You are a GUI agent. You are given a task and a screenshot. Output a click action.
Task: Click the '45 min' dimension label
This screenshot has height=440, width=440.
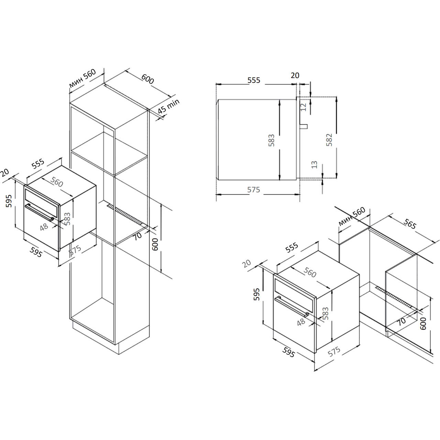tap(169, 106)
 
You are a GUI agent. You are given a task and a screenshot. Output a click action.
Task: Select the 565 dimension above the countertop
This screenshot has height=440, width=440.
tap(410, 224)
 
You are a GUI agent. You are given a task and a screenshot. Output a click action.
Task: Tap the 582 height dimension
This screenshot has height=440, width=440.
tap(329, 140)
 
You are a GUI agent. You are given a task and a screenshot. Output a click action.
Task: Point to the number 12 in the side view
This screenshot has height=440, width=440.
tap(303, 107)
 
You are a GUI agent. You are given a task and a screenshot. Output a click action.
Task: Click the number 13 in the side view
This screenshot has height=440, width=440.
tap(314, 165)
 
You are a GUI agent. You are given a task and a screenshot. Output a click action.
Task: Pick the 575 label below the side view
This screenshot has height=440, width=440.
tap(254, 189)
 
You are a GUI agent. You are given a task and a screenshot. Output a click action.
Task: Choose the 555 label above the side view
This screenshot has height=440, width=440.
tap(254, 80)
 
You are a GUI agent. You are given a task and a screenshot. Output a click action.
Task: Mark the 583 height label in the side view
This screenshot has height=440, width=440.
tap(271, 140)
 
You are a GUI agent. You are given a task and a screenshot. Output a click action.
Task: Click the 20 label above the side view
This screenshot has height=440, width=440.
tap(295, 75)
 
